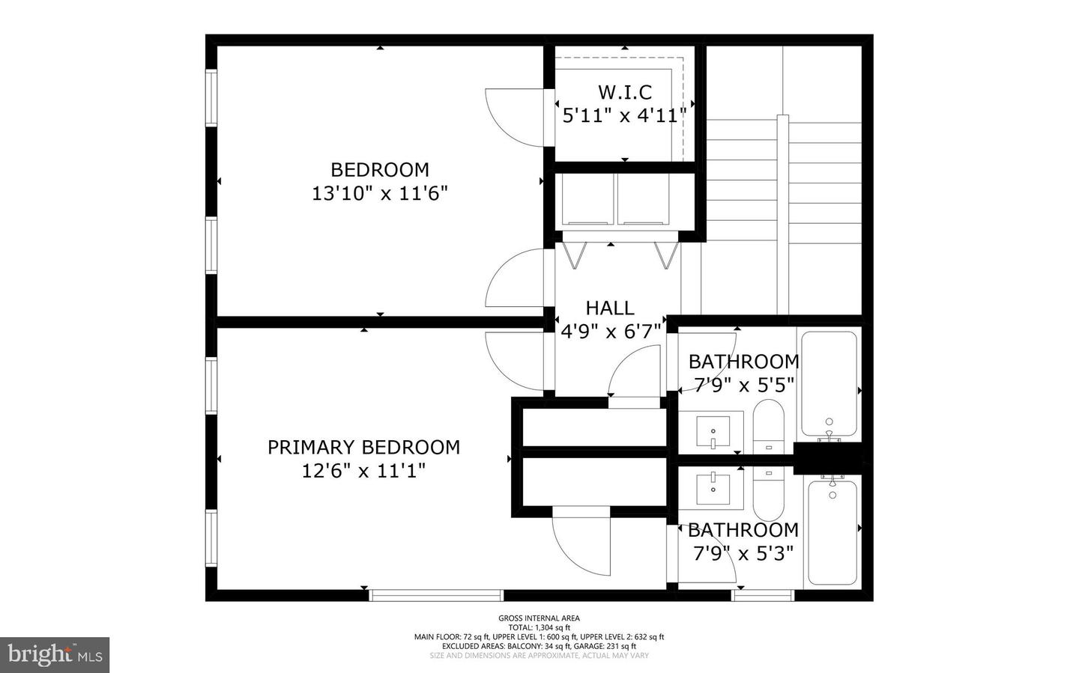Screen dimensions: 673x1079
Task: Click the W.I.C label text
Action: [624, 92]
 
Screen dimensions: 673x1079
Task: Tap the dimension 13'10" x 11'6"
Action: [379, 193]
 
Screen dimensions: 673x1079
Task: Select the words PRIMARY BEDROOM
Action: [363, 447]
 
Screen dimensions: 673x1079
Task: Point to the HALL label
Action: [609, 308]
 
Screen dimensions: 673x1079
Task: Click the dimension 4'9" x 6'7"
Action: [611, 331]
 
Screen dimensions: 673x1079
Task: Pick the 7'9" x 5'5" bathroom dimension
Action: [743, 386]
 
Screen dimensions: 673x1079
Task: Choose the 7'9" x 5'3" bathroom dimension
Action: [743, 554]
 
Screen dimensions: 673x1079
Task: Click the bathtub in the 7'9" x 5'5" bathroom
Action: [829, 383]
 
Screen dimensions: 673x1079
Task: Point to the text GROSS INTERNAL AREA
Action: [539, 618]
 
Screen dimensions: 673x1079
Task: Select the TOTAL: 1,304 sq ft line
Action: [539, 627]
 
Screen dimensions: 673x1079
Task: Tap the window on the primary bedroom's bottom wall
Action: [436, 595]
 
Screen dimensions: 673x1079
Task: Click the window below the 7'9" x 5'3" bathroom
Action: [762, 595]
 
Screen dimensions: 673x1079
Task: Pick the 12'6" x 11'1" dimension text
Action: [363, 471]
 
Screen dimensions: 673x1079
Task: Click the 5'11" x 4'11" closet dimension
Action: [624, 116]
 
